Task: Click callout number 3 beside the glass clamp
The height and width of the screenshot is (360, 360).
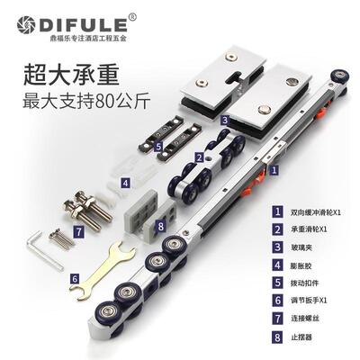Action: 223,118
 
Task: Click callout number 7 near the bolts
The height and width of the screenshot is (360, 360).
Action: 78,231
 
